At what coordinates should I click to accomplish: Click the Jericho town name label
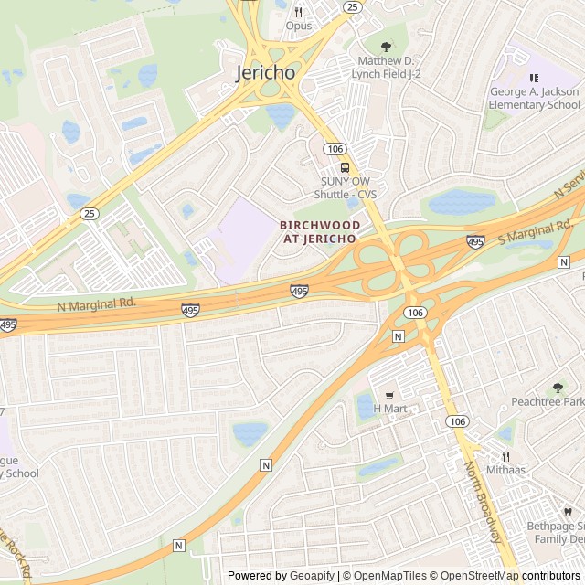266,72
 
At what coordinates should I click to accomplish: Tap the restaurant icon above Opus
298,12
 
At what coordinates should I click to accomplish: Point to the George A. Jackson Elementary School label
534,98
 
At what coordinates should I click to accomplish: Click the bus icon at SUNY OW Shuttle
346,167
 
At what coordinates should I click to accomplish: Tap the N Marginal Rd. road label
96,304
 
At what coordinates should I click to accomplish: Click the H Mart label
388,409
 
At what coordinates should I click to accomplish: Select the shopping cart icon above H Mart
388,395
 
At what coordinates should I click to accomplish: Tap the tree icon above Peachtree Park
558,388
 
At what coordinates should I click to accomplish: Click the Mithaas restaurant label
505,470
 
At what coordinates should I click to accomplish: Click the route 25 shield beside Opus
352,6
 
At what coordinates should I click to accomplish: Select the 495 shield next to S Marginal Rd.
475,241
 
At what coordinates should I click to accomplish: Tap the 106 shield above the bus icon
333,148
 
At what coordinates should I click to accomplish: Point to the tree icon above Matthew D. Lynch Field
385,48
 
